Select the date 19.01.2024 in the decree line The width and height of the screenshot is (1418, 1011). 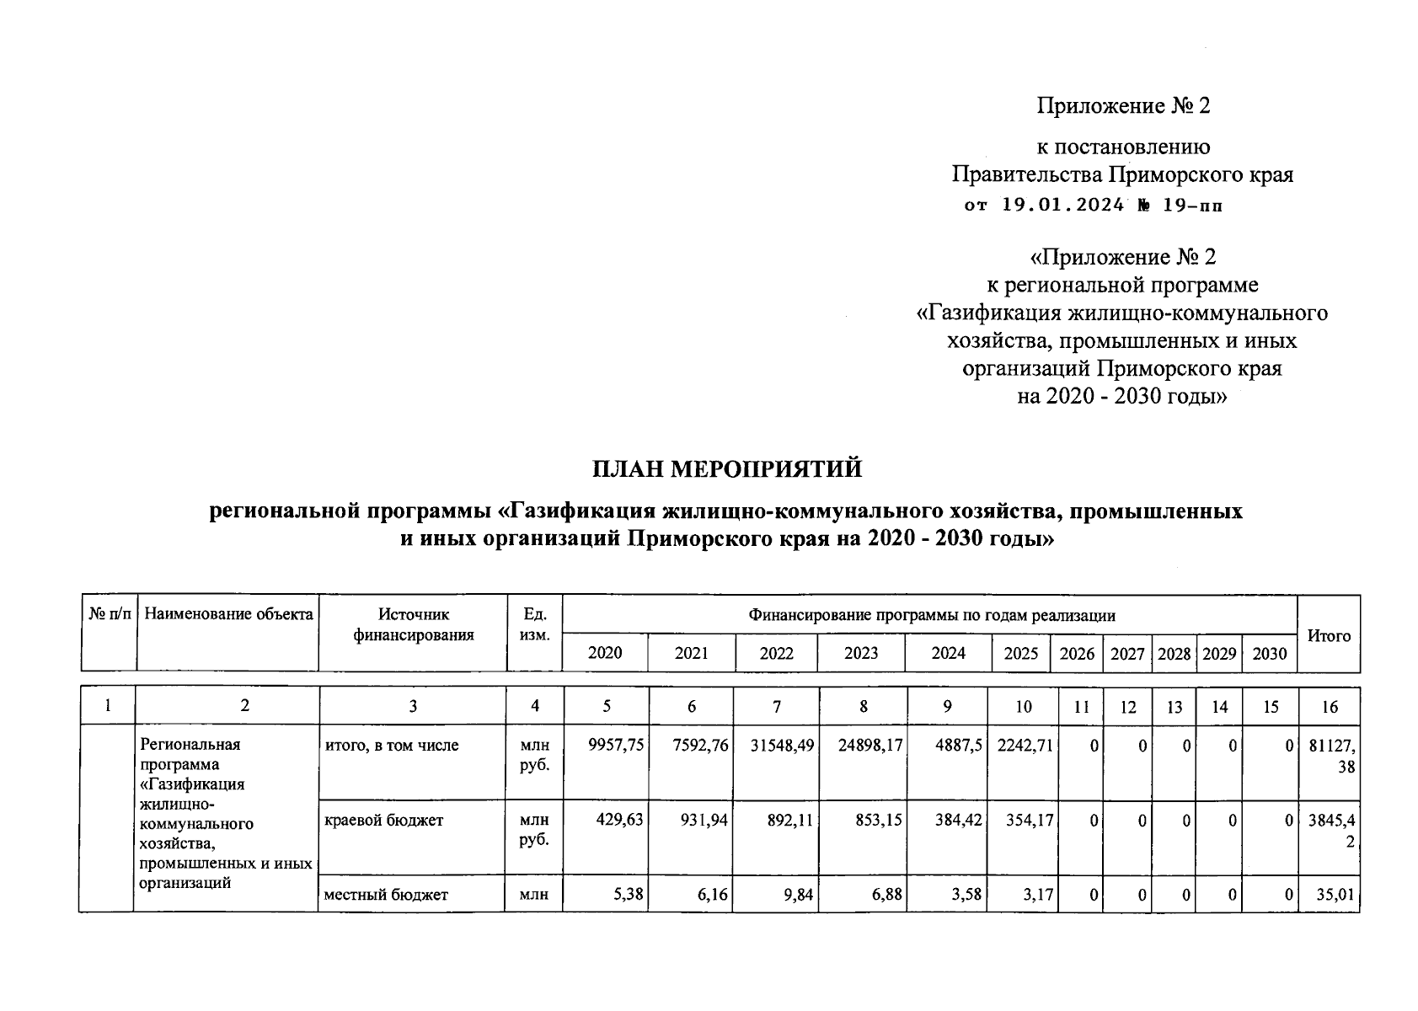pos(1062,205)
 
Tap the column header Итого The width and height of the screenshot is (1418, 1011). pos(1328,636)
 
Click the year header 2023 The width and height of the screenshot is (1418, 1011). pos(861,653)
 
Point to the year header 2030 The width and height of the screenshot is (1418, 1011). pos(1270,653)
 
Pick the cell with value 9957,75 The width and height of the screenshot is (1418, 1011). pos(616,746)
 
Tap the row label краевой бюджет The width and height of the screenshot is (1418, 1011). pos(383,820)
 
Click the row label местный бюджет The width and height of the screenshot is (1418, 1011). pos(386,895)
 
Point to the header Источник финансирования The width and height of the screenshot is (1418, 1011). pos(413,625)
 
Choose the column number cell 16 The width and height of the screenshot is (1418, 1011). pos(1329,707)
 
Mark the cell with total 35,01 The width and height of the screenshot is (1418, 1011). pos(1335,895)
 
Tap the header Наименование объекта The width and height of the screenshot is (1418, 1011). pos(228,614)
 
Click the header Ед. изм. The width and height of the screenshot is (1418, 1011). pos(534,624)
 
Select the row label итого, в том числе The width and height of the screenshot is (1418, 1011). pos(392,746)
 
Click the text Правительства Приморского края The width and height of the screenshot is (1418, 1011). pos(1122,175)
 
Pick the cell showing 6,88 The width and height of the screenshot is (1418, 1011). pos(885,895)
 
